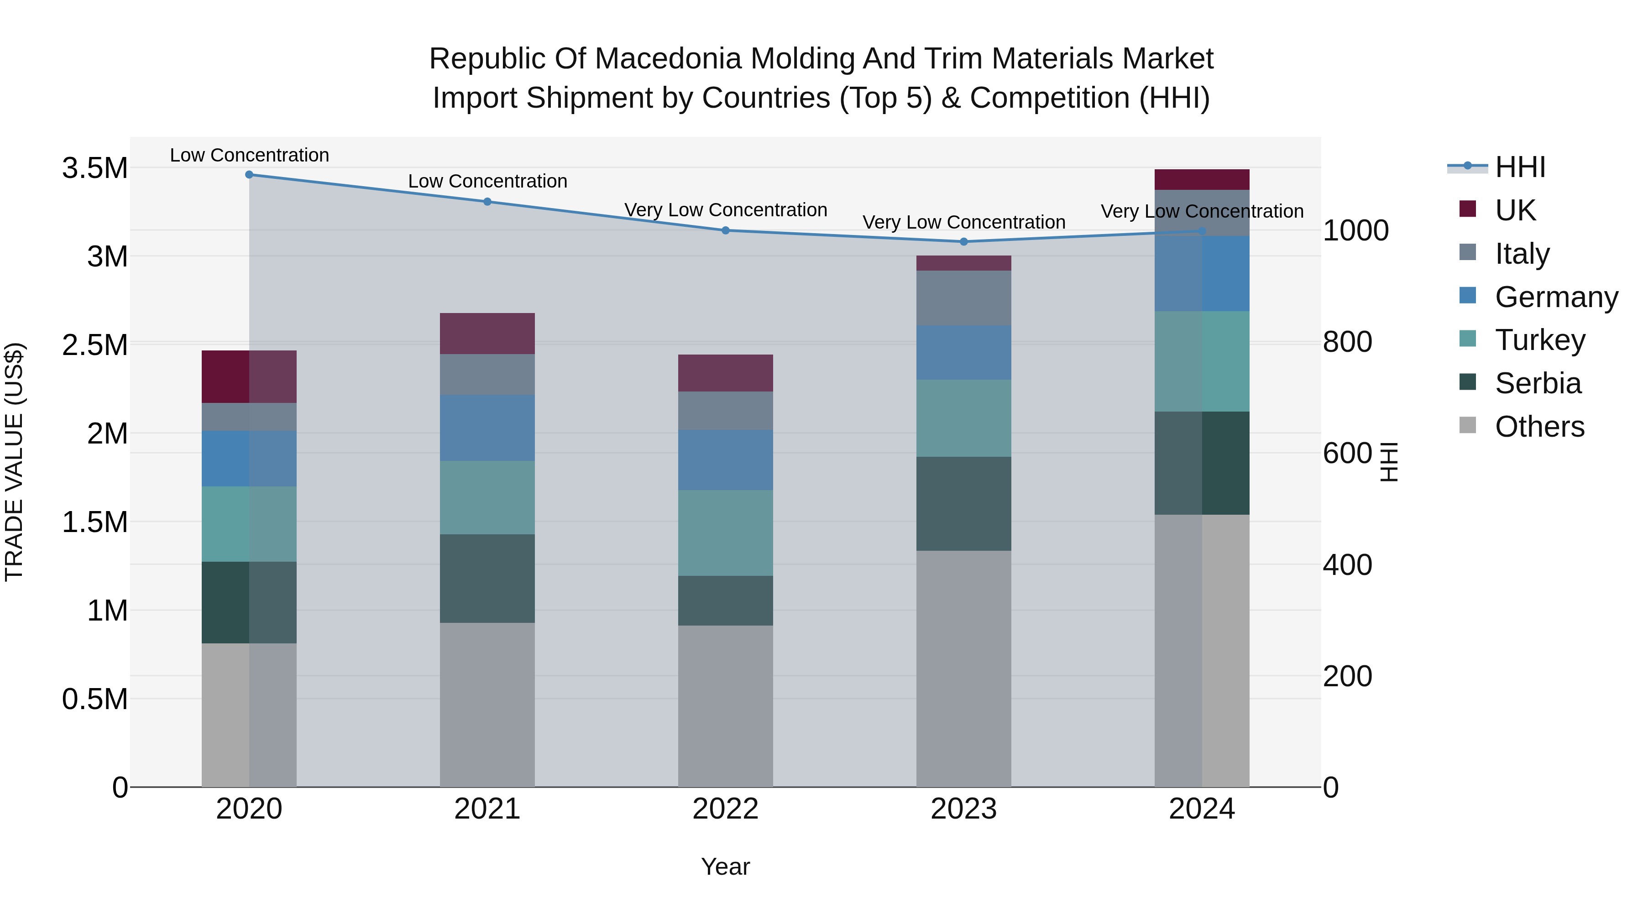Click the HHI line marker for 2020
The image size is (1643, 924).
pyautogui.click(x=249, y=175)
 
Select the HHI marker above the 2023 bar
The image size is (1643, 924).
pyautogui.click(x=964, y=242)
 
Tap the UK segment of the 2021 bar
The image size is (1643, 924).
pyautogui.click(x=487, y=334)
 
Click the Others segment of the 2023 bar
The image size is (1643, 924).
pyautogui.click(x=964, y=668)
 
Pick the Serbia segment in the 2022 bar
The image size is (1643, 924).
pyautogui.click(x=725, y=600)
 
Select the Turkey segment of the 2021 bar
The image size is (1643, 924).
pyautogui.click(x=487, y=497)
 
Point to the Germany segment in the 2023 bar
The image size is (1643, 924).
pyautogui.click(x=964, y=353)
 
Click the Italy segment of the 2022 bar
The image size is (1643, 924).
pyautogui.click(x=725, y=411)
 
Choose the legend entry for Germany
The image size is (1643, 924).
pyautogui.click(x=1556, y=297)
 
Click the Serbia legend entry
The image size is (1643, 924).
pyautogui.click(x=1537, y=383)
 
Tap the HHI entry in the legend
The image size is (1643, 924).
pyautogui.click(x=1519, y=167)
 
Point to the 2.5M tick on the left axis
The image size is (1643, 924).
pyautogui.click(x=94, y=345)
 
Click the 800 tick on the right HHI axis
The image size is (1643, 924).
pyautogui.click(x=1347, y=342)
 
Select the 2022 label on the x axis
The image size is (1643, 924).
pyautogui.click(x=725, y=809)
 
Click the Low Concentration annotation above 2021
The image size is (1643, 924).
pyautogui.click(x=487, y=181)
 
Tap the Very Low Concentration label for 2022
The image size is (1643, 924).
pyautogui.click(x=725, y=210)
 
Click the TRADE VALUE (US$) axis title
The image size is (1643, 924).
pyautogui.click(x=14, y=462)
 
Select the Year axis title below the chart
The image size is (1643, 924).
pyautogui.click(x=725, y=867)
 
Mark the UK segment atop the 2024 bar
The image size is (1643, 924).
pyautogui.click(x=1202, y=180)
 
